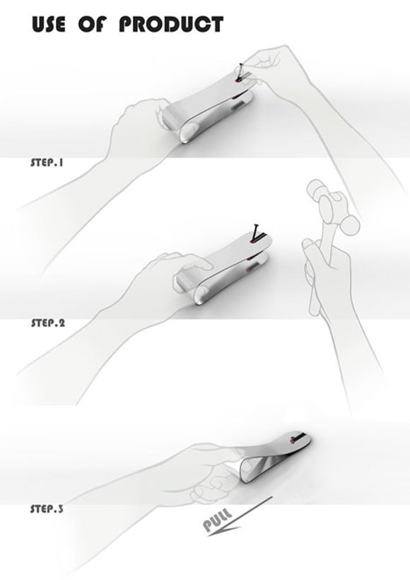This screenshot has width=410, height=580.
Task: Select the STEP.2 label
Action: click(48, 323)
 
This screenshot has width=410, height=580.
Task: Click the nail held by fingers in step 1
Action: click(242, 71)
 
